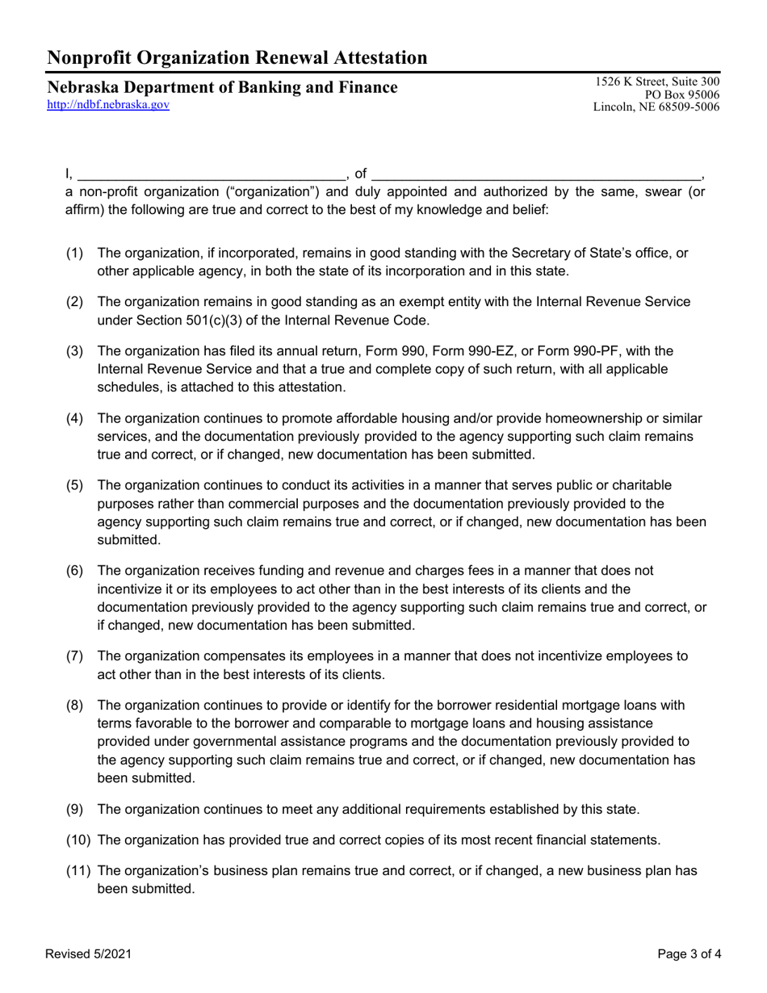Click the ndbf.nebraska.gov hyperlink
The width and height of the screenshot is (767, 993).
[x=108, y=105]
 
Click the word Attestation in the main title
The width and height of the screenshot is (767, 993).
[x=371, y=57]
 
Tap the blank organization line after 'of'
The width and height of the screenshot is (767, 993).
[x=537, y=174]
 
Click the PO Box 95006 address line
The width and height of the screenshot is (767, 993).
[x=684, y=94]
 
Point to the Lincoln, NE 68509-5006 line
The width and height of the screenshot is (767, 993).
[x=656, y=107]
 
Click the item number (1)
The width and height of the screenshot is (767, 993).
[x=74, y=253]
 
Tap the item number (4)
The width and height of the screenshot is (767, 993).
[x=74, y=418]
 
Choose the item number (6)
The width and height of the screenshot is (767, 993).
[x=74, y=571]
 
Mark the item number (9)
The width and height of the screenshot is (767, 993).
[x=74, y=809]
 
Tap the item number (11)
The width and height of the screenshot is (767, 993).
[x=78, y=870]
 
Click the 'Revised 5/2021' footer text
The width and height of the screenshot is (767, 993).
[x=88, y=954]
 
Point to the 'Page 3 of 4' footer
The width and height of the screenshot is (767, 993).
[x=689, y=954]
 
